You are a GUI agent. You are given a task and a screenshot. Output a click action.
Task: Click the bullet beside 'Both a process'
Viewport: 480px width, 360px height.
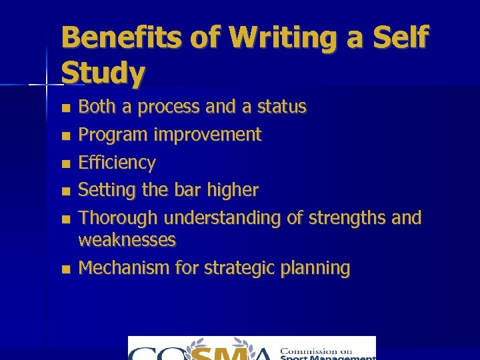point(65,107)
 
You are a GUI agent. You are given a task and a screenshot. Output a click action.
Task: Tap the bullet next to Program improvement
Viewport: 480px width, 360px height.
point(65,135)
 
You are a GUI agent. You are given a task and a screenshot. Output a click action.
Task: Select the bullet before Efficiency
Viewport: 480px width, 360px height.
point(65,163)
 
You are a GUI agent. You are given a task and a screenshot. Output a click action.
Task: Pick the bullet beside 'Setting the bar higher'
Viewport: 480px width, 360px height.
point(65,191)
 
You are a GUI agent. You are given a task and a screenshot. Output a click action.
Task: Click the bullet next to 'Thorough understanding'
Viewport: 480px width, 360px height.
point(65,219)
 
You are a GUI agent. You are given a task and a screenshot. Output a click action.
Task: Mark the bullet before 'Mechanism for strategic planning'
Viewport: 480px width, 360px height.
point(65,269)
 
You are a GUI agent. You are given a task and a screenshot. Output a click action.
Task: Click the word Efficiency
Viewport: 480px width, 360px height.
point(117,163)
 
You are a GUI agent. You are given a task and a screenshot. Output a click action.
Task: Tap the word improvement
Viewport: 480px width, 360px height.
point(207,135)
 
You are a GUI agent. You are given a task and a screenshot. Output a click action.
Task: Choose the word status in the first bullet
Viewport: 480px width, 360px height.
point(281,107)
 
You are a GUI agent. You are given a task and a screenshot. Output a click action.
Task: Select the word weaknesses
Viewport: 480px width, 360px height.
point(127,240)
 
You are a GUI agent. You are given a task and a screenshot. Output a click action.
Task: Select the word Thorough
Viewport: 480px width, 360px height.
point(119,218)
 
